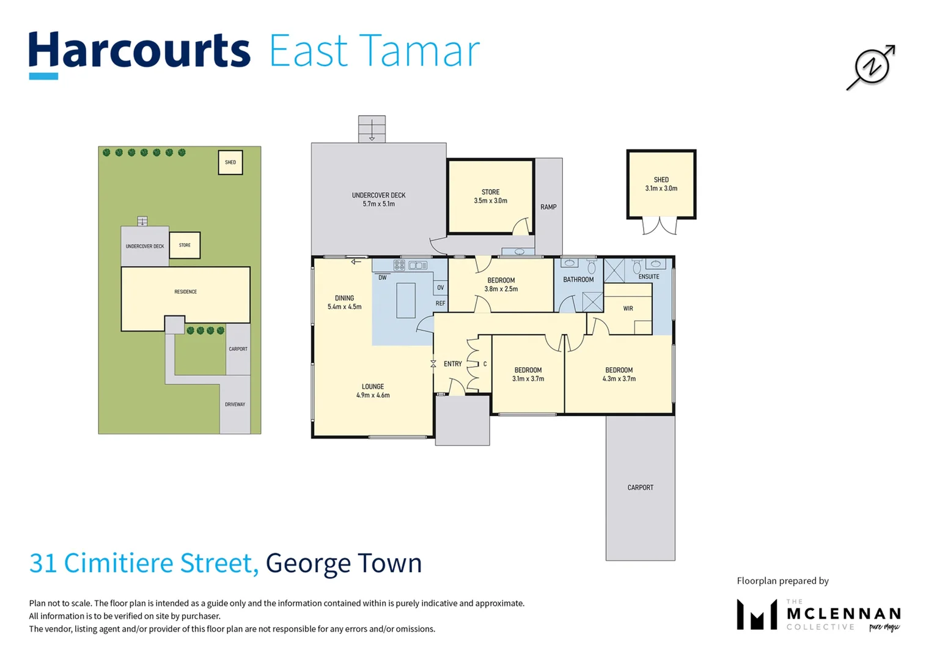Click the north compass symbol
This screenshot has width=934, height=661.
click(x=871, y=67)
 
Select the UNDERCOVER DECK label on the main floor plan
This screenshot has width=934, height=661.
click(x=378, y=195)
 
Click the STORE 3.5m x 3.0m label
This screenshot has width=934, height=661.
click(x=490, y=196)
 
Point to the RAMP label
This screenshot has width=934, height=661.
click(x=548, y=207)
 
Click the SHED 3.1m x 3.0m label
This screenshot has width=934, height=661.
click(x=661, y=184)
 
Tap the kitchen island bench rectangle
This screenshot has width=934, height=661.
click(x=406, y=300)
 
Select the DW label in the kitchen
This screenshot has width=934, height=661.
click(x=382, y=277)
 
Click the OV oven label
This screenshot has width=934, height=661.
click(x=440, y=288)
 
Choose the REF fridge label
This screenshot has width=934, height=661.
click(x=440, y=304)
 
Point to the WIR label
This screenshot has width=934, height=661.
click(x=628, y=308)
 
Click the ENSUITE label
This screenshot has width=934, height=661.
click(x=649, y=277)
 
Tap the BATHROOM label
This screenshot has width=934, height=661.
click(x=578, y=280)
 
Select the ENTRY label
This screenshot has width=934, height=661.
click(x=452, y=364)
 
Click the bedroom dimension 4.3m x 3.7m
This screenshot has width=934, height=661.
click(x=619, y=379)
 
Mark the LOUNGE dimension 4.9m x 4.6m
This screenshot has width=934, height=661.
click(x=373, y=395)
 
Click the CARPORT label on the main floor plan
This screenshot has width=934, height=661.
click(x=640, y=488)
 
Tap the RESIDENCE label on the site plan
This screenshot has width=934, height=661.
click(x=185, y=292)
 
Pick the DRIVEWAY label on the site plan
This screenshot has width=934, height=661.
click(x=235, y=405)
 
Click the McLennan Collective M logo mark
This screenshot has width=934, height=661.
click(x=756, y=614)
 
